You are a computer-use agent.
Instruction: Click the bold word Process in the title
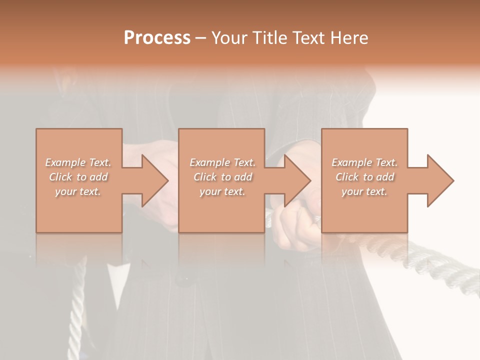click(x=157, y=38)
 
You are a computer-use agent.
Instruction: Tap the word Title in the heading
click(x=269, y=38)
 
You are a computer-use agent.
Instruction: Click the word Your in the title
click(x=230, y=38)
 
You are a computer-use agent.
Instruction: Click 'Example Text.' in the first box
click(x=78, y=162)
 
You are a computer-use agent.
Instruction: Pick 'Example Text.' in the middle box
click(x=222, y=162)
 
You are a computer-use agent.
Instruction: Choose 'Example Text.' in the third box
click(x=364, y=162)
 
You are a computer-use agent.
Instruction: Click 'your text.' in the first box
click(x=78, y=191)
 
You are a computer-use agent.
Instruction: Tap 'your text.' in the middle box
click(x=222, y=191)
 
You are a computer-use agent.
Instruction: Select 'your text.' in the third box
click(x=364, y=191)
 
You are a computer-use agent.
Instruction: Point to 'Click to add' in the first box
click(x=78, y=177)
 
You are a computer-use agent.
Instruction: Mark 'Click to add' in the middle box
click(x=222, y=177)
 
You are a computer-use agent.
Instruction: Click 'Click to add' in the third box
click(x=364, y=177)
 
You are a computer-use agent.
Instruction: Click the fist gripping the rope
click(x=295, y=227)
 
